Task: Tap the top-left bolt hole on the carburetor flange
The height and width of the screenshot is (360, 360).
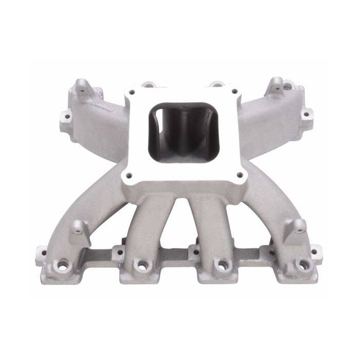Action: pos(132,92)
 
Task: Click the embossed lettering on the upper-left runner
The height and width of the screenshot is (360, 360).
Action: pos(100,105)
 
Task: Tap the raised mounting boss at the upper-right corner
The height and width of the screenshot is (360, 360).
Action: pos(278,85)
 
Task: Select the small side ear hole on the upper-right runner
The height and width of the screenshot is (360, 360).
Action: pos(305,114)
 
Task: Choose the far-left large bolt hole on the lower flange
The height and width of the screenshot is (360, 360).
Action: pos(63,266)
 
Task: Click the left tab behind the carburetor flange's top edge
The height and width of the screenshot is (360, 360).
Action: pos(148,83)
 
